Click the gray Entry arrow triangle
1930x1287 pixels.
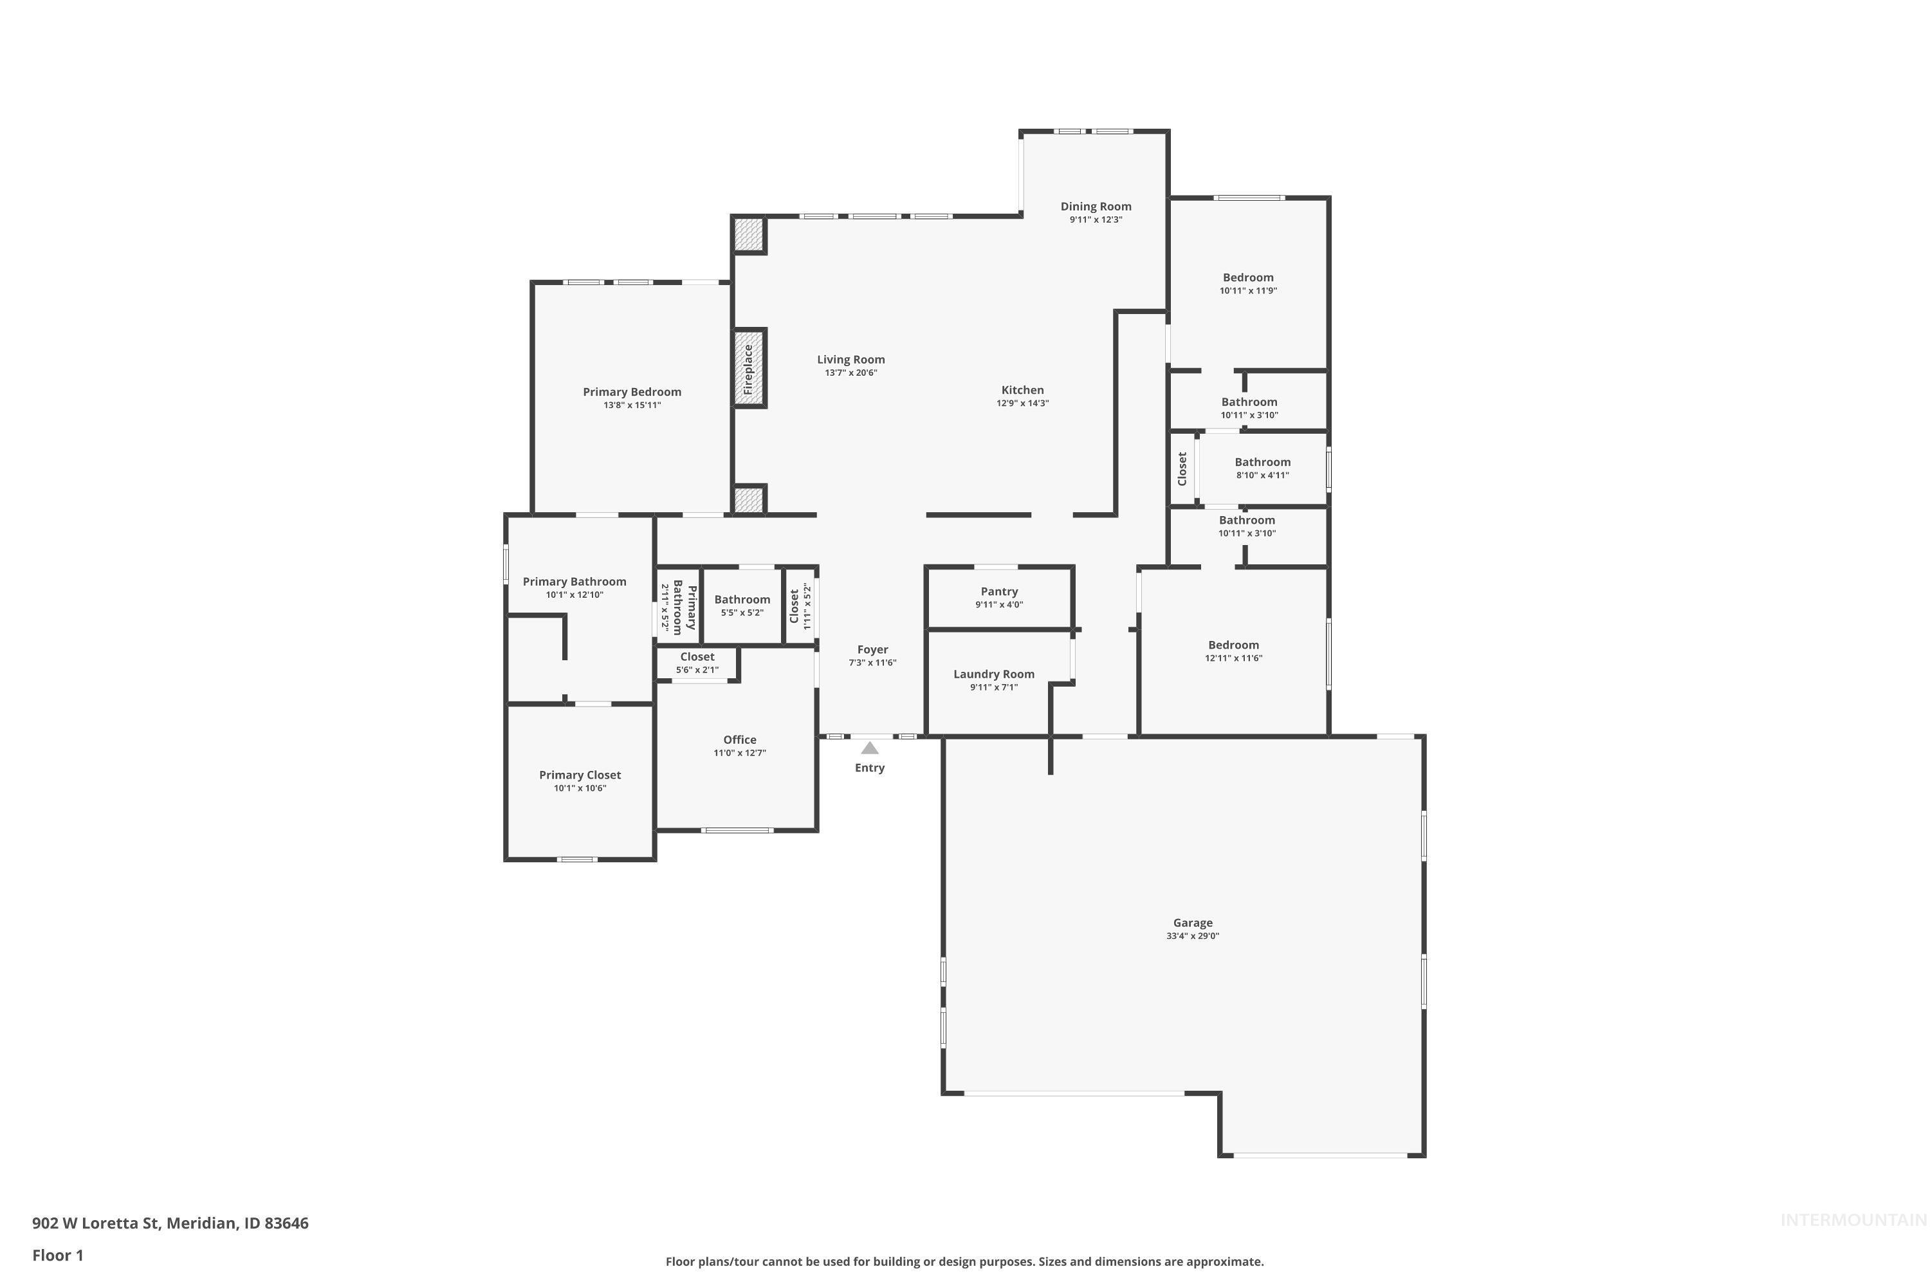[870, 748]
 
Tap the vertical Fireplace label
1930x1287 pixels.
[748, 369]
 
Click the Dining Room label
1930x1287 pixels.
[1096, 207]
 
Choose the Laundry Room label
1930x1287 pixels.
[994, 674]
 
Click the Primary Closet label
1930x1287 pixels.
[580, 775]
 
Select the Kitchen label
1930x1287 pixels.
[1022, 390]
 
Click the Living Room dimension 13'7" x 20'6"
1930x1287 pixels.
[851, 373]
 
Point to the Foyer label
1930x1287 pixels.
[872, 649]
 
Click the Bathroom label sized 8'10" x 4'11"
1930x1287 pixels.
[1262, 462]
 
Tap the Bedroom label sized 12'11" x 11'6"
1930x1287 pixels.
[1233, 645]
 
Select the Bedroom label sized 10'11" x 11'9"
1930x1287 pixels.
[1248, 277]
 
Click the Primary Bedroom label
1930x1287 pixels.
[632, 391]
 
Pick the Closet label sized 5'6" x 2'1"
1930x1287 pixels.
[697, 656]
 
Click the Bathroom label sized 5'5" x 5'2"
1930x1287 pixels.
[742, 599]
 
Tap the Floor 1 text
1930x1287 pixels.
[57, 1255]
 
